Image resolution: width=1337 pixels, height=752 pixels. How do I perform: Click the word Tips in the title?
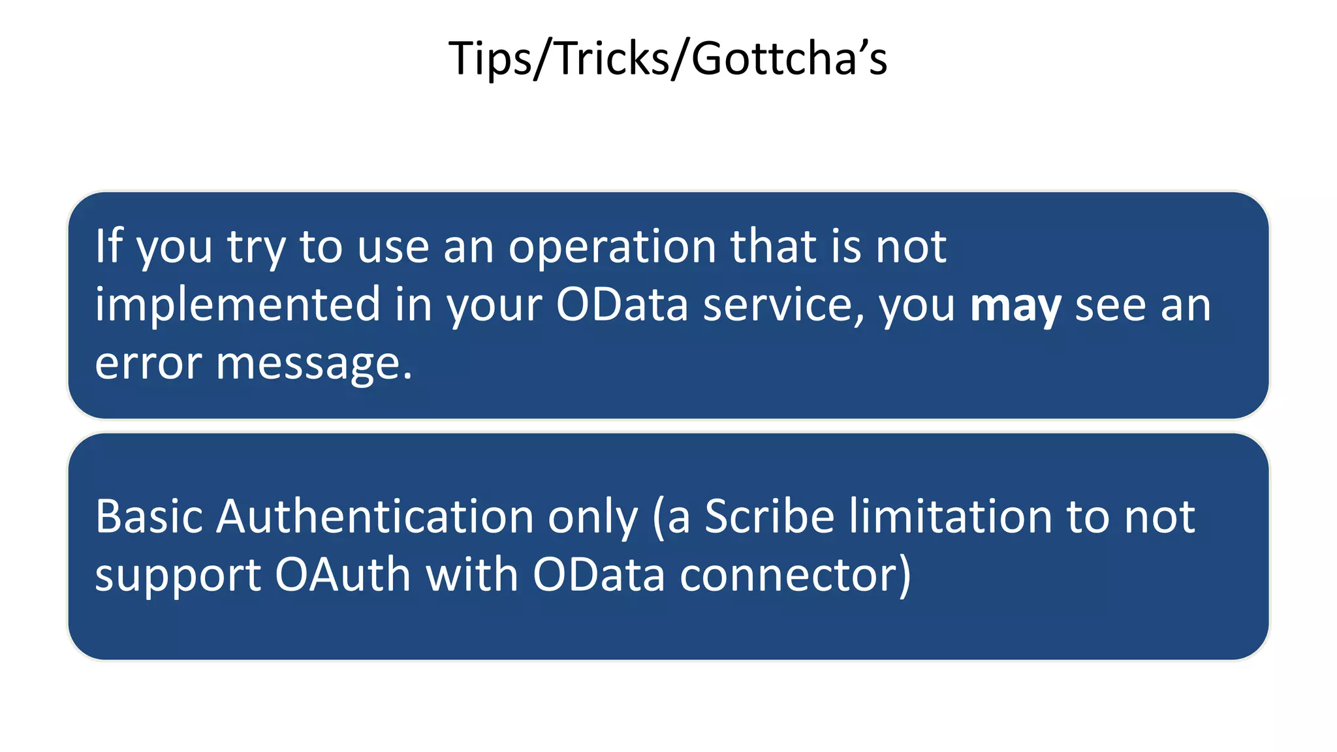(x=490, y=59)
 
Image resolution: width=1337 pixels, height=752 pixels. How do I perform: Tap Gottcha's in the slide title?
(x=789, y=59)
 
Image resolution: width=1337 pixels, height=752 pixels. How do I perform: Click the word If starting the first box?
(x=108, y=246)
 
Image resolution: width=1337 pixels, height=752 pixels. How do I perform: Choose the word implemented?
(x=238, y=305)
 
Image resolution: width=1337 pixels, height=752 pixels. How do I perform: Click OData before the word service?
(x=621, y=305)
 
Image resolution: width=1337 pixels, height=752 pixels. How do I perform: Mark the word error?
(x=148, y=364)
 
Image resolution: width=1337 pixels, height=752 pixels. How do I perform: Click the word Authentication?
(x=375, y=516)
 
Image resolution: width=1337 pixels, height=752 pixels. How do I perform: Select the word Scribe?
(x=770, y=516)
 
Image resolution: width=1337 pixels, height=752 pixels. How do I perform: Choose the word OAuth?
(x=343, y=574)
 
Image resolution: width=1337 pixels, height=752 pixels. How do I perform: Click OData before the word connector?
(x=599, y=574)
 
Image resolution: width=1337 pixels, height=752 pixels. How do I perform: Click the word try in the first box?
(x=256, y=247)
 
